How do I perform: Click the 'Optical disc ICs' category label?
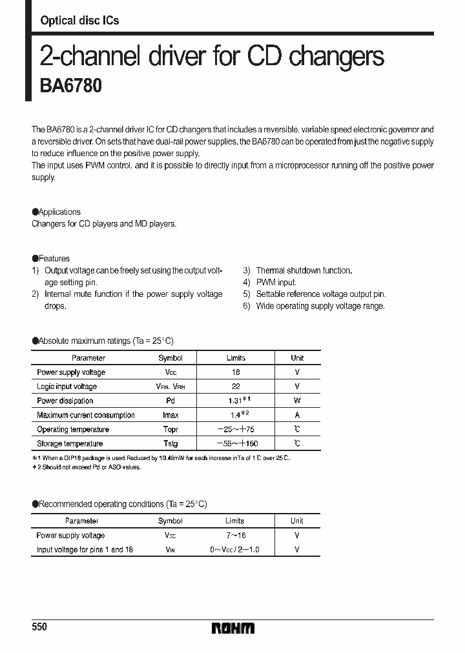point(79,21)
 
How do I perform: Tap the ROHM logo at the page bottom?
point(233,628)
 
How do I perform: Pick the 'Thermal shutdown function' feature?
point(304,270)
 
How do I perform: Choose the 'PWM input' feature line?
point(276,282)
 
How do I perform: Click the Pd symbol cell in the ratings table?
point(170,401)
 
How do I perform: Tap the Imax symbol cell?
point(170,415)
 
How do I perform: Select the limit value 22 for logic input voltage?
point(236,387)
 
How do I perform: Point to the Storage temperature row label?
point(70,443)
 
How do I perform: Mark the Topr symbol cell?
point(170,429)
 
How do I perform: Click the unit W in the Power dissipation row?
point(297,401)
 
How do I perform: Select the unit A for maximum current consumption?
point(297,415)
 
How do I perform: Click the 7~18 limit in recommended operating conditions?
point(236,535)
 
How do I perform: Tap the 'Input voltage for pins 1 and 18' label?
point(85,549)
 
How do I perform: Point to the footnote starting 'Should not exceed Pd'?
point(87,467)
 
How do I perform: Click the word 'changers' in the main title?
point(336,57)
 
